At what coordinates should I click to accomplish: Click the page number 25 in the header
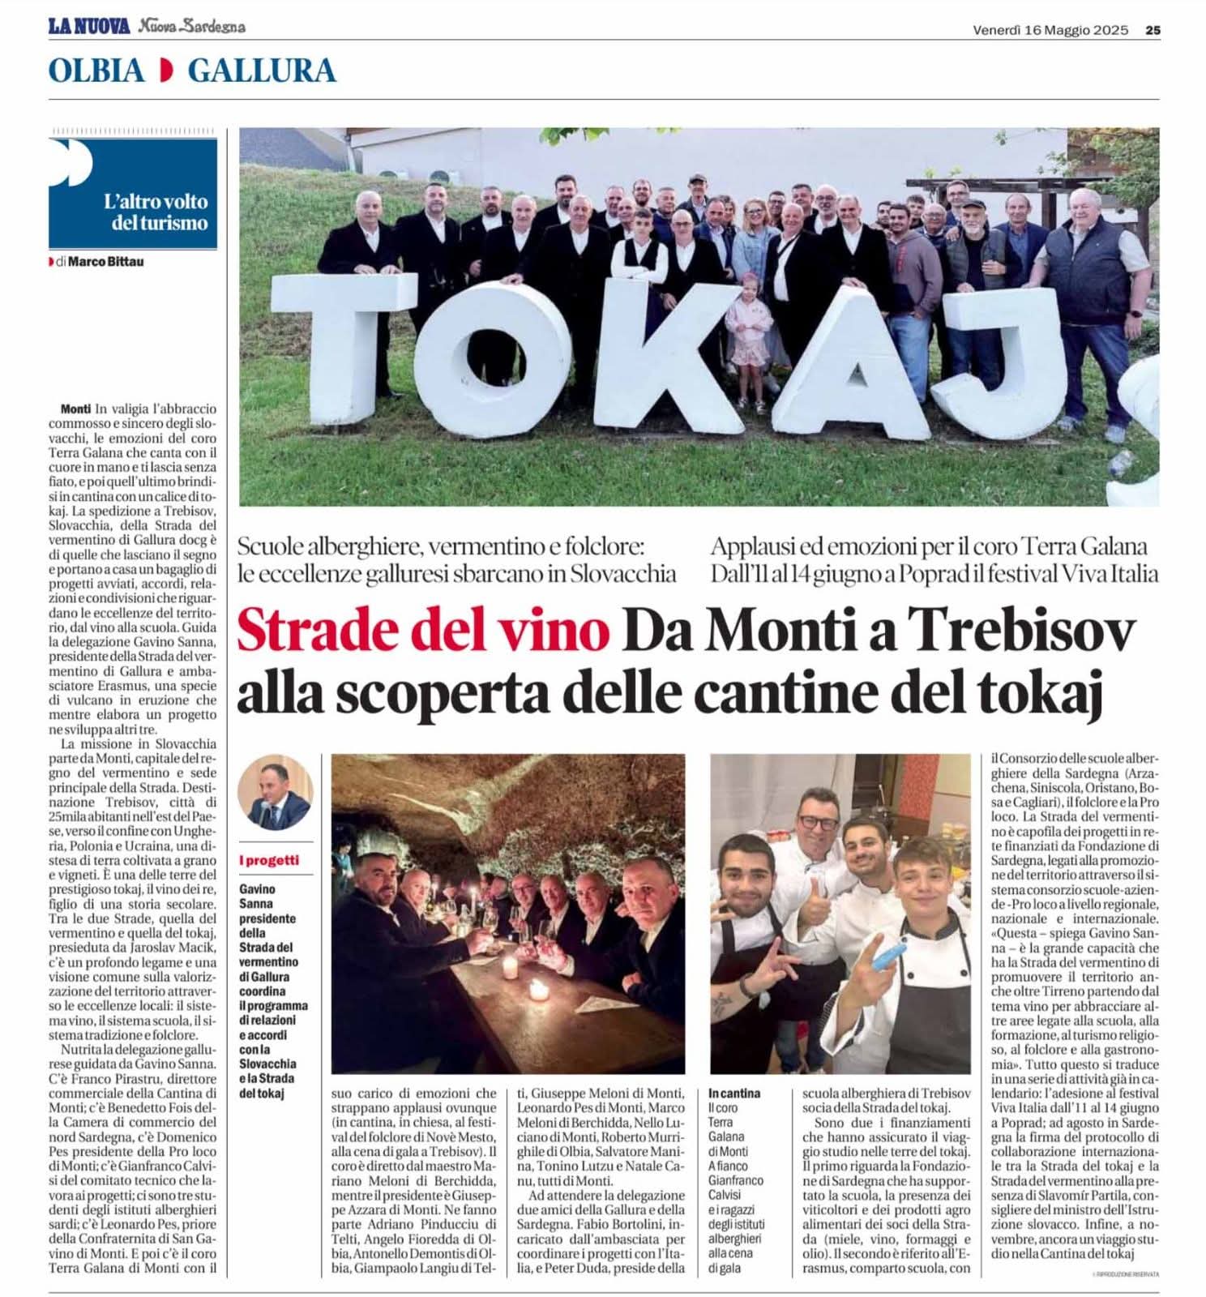(x=1153, y=30)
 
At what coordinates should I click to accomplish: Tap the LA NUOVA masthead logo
(x=89, y=27)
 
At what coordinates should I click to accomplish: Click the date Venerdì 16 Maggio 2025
(x=1050, y=30)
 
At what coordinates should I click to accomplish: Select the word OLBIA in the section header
(x=96, y=71)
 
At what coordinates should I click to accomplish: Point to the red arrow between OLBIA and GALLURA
(x=166, y=71)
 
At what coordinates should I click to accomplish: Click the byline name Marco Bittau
(x=106, y=262)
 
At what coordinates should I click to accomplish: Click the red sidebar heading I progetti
(x=269, y=860)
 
